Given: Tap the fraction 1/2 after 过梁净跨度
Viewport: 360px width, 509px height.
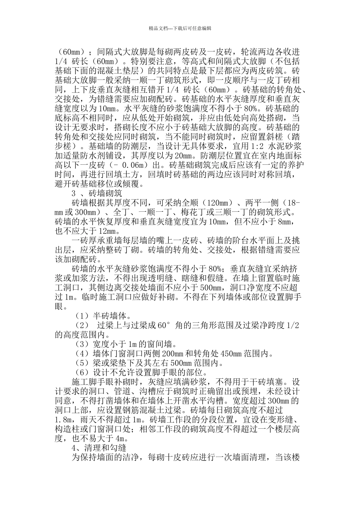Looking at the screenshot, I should click(x=293, y=325).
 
